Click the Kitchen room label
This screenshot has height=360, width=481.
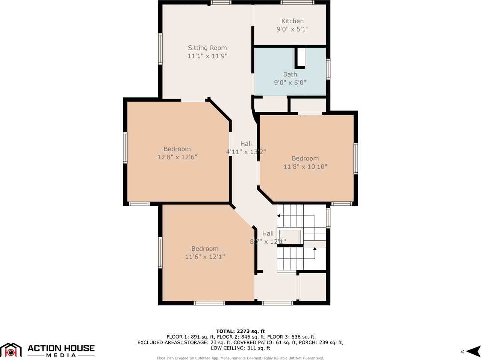click(292, 21)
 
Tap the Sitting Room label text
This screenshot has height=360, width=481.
click(207, 48)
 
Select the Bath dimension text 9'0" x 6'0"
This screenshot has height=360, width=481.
click(290, 82)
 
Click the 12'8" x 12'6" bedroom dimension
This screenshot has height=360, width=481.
click(177, 157)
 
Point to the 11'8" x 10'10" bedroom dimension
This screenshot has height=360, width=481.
click(305, 166)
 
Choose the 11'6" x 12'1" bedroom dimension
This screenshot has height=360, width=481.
click(205, 257)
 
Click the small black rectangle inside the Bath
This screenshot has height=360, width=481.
click(301, 57)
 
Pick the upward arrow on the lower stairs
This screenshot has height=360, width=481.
click(315, 249)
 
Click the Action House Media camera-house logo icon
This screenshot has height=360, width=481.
click(11, 350)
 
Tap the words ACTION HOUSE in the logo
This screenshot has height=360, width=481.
click(61, 348)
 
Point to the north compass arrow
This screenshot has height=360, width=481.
click(475, 351)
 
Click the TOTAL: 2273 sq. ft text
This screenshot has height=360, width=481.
click(240, 331)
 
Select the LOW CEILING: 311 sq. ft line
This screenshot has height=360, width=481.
click(240, 348)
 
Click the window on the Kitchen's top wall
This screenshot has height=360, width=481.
click(297, 3)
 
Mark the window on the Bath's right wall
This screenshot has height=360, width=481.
click(328, 69)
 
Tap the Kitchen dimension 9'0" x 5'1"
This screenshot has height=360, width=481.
click(292, 29)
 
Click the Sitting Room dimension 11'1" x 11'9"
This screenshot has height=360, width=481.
click(207, 56)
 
